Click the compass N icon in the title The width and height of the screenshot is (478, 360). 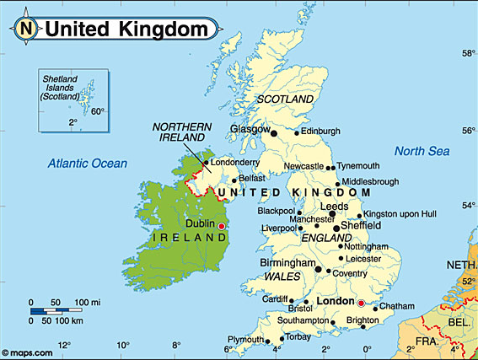coord(27,28)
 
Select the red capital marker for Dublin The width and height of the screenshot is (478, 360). coord(222,226)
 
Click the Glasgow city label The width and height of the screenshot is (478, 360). coord(250,130)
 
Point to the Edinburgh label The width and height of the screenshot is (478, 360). coord(321,131)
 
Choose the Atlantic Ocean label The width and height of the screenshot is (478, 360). coord(87,164)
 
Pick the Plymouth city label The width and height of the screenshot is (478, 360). coord(244,340)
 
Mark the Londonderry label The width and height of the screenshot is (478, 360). coord(235,162)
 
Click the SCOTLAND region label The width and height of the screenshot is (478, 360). coord(285,99)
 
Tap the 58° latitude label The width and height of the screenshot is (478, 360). coord(466,53)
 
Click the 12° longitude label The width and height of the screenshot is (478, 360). coord(62,346)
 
